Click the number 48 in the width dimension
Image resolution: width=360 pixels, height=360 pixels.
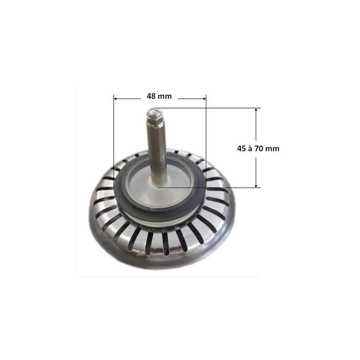151,96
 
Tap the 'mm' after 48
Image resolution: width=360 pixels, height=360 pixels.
165,97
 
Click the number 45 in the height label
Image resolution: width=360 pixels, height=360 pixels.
242,149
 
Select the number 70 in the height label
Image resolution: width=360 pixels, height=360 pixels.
259,149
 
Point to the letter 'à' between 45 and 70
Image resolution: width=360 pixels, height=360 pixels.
250,148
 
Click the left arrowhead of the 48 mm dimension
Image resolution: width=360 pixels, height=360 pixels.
116,99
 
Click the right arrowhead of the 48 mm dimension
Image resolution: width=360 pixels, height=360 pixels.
204,99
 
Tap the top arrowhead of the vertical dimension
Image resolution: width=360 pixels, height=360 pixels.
256,110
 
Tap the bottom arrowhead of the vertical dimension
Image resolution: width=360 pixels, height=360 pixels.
256,185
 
